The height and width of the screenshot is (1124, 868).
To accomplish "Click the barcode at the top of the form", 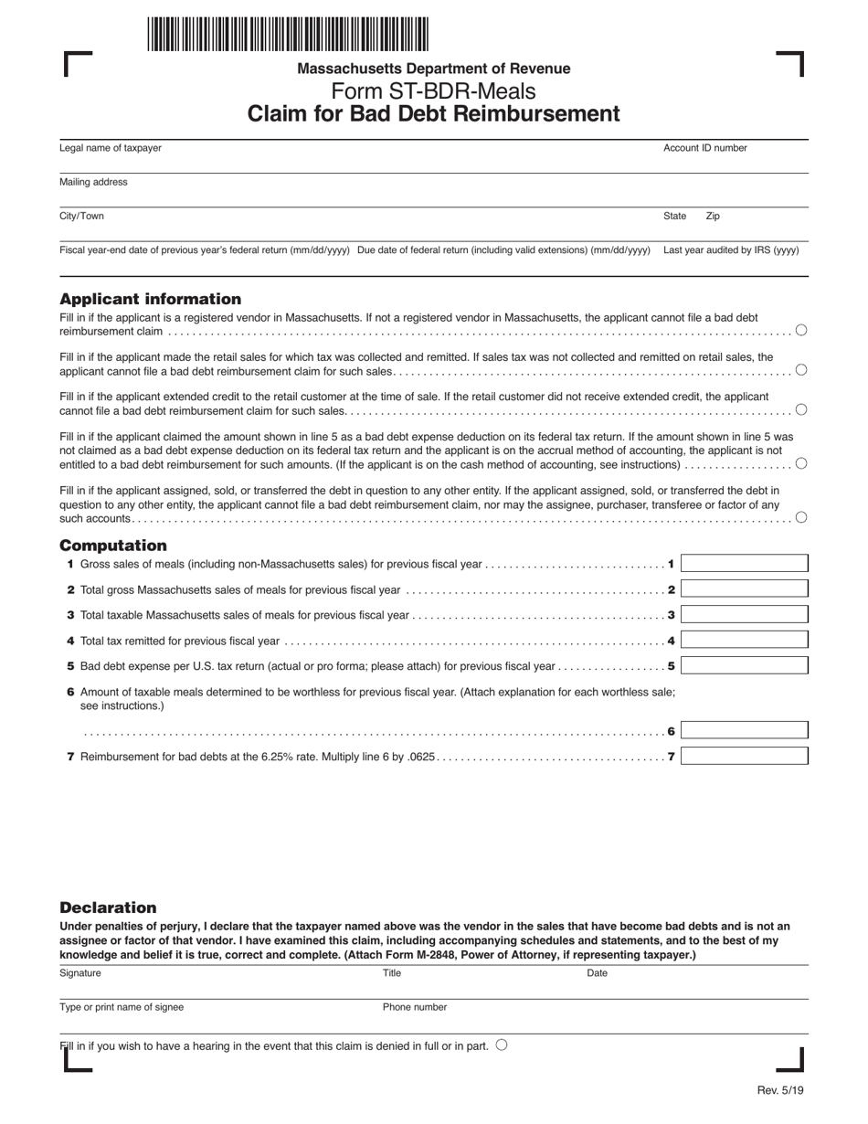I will (x=287, y=34).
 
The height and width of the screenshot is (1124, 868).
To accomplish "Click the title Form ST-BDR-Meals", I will (x=433, y=91).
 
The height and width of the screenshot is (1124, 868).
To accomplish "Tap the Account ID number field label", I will (x=704, y=148).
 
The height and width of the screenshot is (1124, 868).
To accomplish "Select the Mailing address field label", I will (x=93, y=182).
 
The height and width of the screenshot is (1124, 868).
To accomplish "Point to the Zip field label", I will (x=713, y=217).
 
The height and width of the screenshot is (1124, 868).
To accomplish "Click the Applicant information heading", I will (x=151, y=299).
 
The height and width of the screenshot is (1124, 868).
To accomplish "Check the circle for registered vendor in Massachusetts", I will (x=801, y=330).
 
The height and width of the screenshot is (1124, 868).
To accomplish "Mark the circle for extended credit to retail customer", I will (x=801, y=409).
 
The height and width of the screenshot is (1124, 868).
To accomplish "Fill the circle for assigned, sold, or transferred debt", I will (x=801, y=517).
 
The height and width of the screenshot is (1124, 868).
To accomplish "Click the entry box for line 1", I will (x=744, y=564).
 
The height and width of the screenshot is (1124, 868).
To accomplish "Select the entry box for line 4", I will (x=744, y=641).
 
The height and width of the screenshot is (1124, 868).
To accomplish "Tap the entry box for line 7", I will (x=744, y=757).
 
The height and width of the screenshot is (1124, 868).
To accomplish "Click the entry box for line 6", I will (x=744, y=731).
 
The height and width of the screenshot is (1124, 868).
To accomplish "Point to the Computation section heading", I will (x=113, y=546).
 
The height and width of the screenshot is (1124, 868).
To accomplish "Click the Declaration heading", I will (x=108, y=907).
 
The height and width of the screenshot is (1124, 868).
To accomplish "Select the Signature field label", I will (x=80, y=973).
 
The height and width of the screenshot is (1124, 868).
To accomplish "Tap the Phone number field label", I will (x=415, y=1007).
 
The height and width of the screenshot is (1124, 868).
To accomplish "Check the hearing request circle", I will (x=502, y=1045).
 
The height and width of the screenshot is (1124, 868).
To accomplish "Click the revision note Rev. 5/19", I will (x=780, y=1090).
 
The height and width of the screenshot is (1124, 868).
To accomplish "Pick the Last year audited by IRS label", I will (x=731, y=249).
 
